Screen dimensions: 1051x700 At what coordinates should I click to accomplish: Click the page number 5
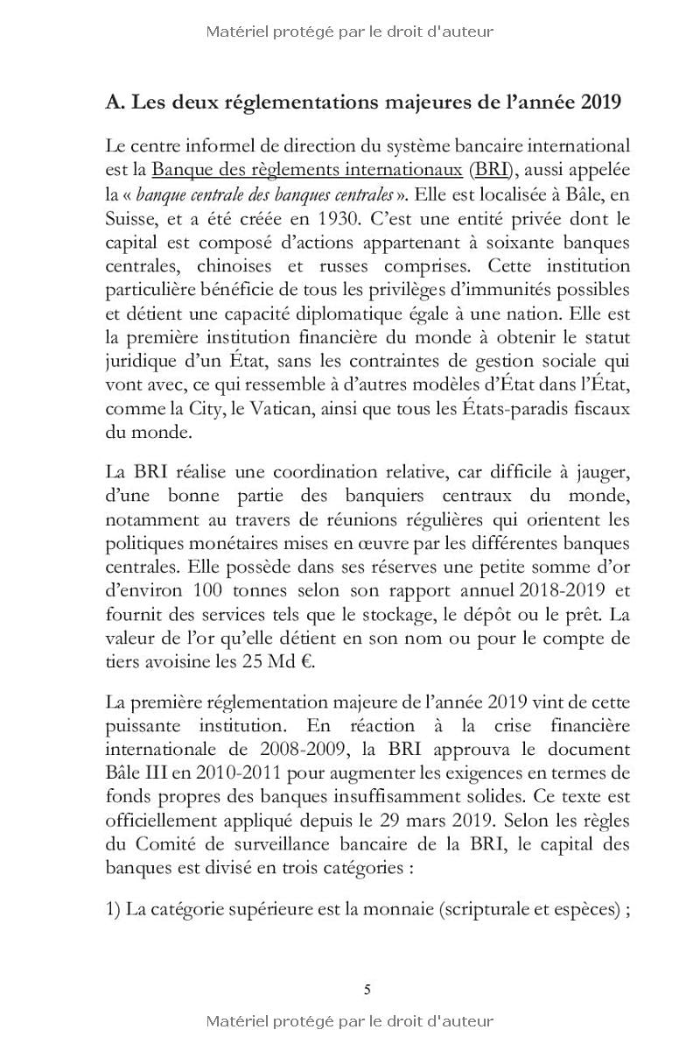[x=367, y=990]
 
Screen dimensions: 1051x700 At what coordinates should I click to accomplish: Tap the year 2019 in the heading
[x=600, y=103]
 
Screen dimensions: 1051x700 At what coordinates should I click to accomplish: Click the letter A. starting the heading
[x=114, y=103]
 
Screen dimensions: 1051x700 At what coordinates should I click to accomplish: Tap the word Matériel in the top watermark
[x=236, y=32]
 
